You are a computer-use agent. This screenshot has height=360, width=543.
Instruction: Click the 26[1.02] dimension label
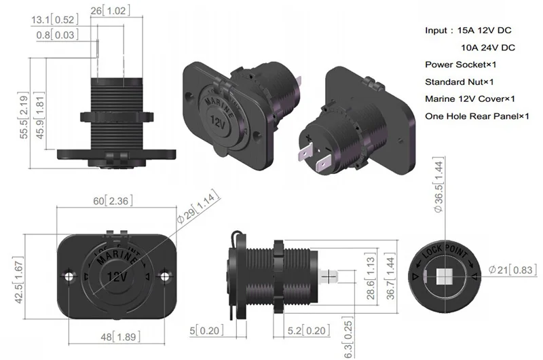pyautogui.click(x=111, y=11)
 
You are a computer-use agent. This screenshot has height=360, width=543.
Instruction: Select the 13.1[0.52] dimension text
pyautogui.click(x=55, y=20)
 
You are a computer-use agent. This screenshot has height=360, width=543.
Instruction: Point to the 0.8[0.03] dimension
pyautogui.click(x=57, y=35)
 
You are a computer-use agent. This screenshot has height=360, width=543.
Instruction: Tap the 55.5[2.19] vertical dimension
pyautogui.click(x=24, y=115)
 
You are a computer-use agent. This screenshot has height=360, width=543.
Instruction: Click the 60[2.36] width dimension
pyautogui.click(x=113, y=201)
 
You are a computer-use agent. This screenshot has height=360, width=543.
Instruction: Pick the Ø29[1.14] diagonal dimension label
pyautogui.click(x=198, y=207)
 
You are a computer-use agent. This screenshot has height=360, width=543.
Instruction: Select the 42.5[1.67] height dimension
pyautogui.click(x=18, y=281)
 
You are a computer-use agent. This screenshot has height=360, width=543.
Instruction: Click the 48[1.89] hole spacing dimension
pyautogui.click(x=121, y=337)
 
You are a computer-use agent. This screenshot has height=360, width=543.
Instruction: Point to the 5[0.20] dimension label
pyautogui.click(x=206, y=331)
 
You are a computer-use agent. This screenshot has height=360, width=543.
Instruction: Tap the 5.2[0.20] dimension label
pyautogui.click(x=309, y=331)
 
